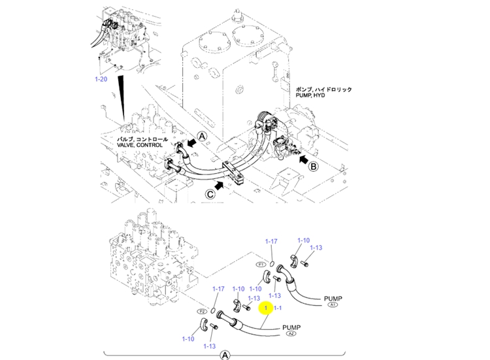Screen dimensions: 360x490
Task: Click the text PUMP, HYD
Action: click(310, 95)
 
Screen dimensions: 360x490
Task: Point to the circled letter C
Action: click(210, 193)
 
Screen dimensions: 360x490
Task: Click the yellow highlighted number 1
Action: click(267, 308)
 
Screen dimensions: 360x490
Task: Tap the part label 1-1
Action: click(277, 308)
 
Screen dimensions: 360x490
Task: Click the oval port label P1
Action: click(260, 265)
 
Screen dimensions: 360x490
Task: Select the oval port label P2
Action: click(202, 312)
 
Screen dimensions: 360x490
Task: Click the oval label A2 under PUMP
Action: click(291, 334)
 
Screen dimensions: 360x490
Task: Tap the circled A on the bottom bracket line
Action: click(225, 355)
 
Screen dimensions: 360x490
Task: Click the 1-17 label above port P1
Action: click(271, 242)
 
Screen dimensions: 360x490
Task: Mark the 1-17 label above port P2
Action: click(218, 289)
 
